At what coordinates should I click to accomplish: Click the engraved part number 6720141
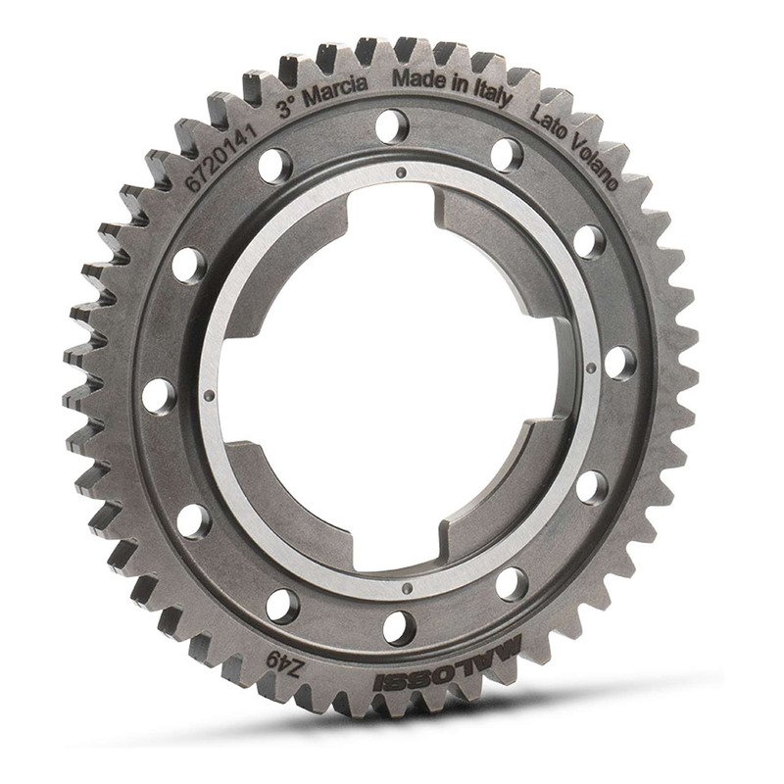point(221,158)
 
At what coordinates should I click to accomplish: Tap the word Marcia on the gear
point(335,91)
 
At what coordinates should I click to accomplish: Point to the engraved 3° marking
point(287,107)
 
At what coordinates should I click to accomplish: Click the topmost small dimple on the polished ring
point(399,172)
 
